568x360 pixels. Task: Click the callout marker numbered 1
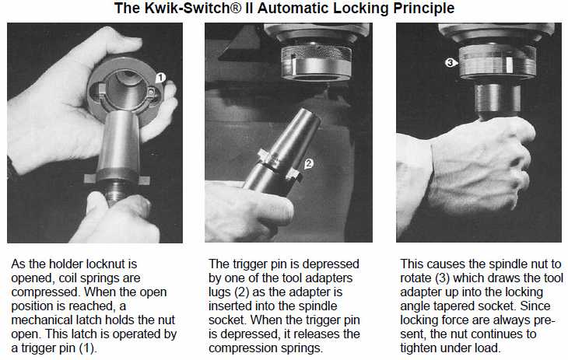click(160, 78)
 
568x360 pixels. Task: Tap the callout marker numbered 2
click(308, 164)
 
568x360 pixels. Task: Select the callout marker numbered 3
click(450, 63)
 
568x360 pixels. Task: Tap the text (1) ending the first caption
click(88, 348)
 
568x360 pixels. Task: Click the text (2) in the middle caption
click(241, 292)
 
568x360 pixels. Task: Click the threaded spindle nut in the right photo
click(497, 61)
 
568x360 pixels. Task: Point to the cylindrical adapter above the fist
click(498, 100)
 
